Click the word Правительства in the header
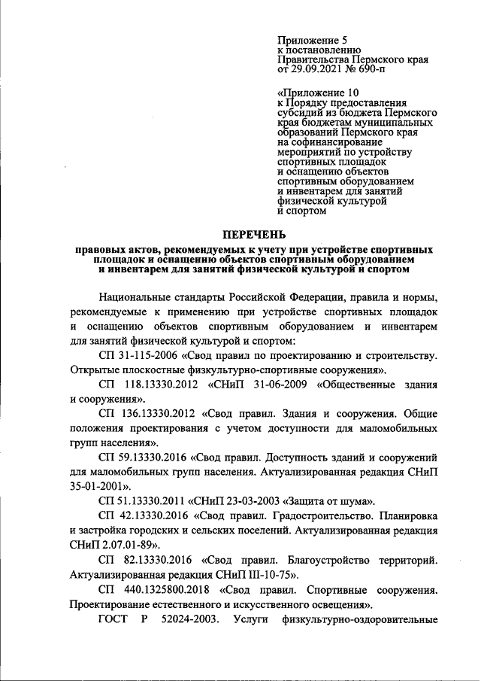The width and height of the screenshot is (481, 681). coord(312,58)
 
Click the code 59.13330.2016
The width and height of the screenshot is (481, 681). coord(151,458)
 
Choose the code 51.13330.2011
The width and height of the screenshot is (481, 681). coord(151,500)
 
